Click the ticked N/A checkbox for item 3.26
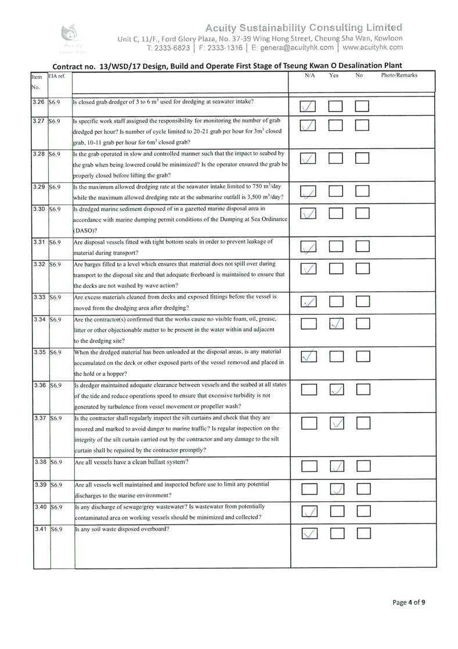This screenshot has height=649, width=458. pos(309,106)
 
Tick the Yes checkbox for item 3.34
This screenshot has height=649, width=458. pos(336,325)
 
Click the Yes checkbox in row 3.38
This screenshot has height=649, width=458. pos(336,465)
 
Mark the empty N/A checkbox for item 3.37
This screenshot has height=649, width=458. pos(309,424)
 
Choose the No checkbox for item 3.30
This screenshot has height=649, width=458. pos(363,214)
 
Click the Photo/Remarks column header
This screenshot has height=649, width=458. pos(399,76)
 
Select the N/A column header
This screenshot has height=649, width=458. pos(309,76)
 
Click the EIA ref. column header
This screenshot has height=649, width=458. pos(57,76)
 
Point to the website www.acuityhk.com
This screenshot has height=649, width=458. pos(372,48)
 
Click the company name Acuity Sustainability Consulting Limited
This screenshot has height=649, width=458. pos(304,27)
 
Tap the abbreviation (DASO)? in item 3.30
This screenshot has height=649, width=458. pos(84,230)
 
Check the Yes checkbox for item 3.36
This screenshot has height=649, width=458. pos(336,390)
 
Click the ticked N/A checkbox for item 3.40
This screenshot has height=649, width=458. pos(309,511)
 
